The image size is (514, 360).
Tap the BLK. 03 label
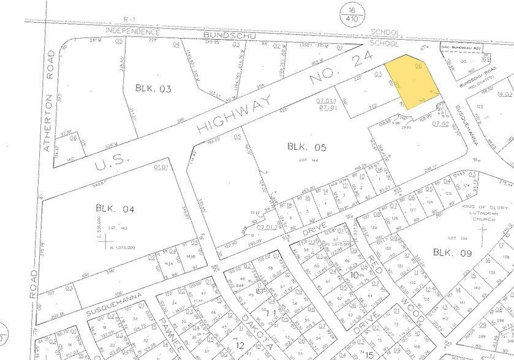tap(153, 88)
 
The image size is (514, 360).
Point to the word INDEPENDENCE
tap(133, 30)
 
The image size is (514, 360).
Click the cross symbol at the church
tap(483, 234)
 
